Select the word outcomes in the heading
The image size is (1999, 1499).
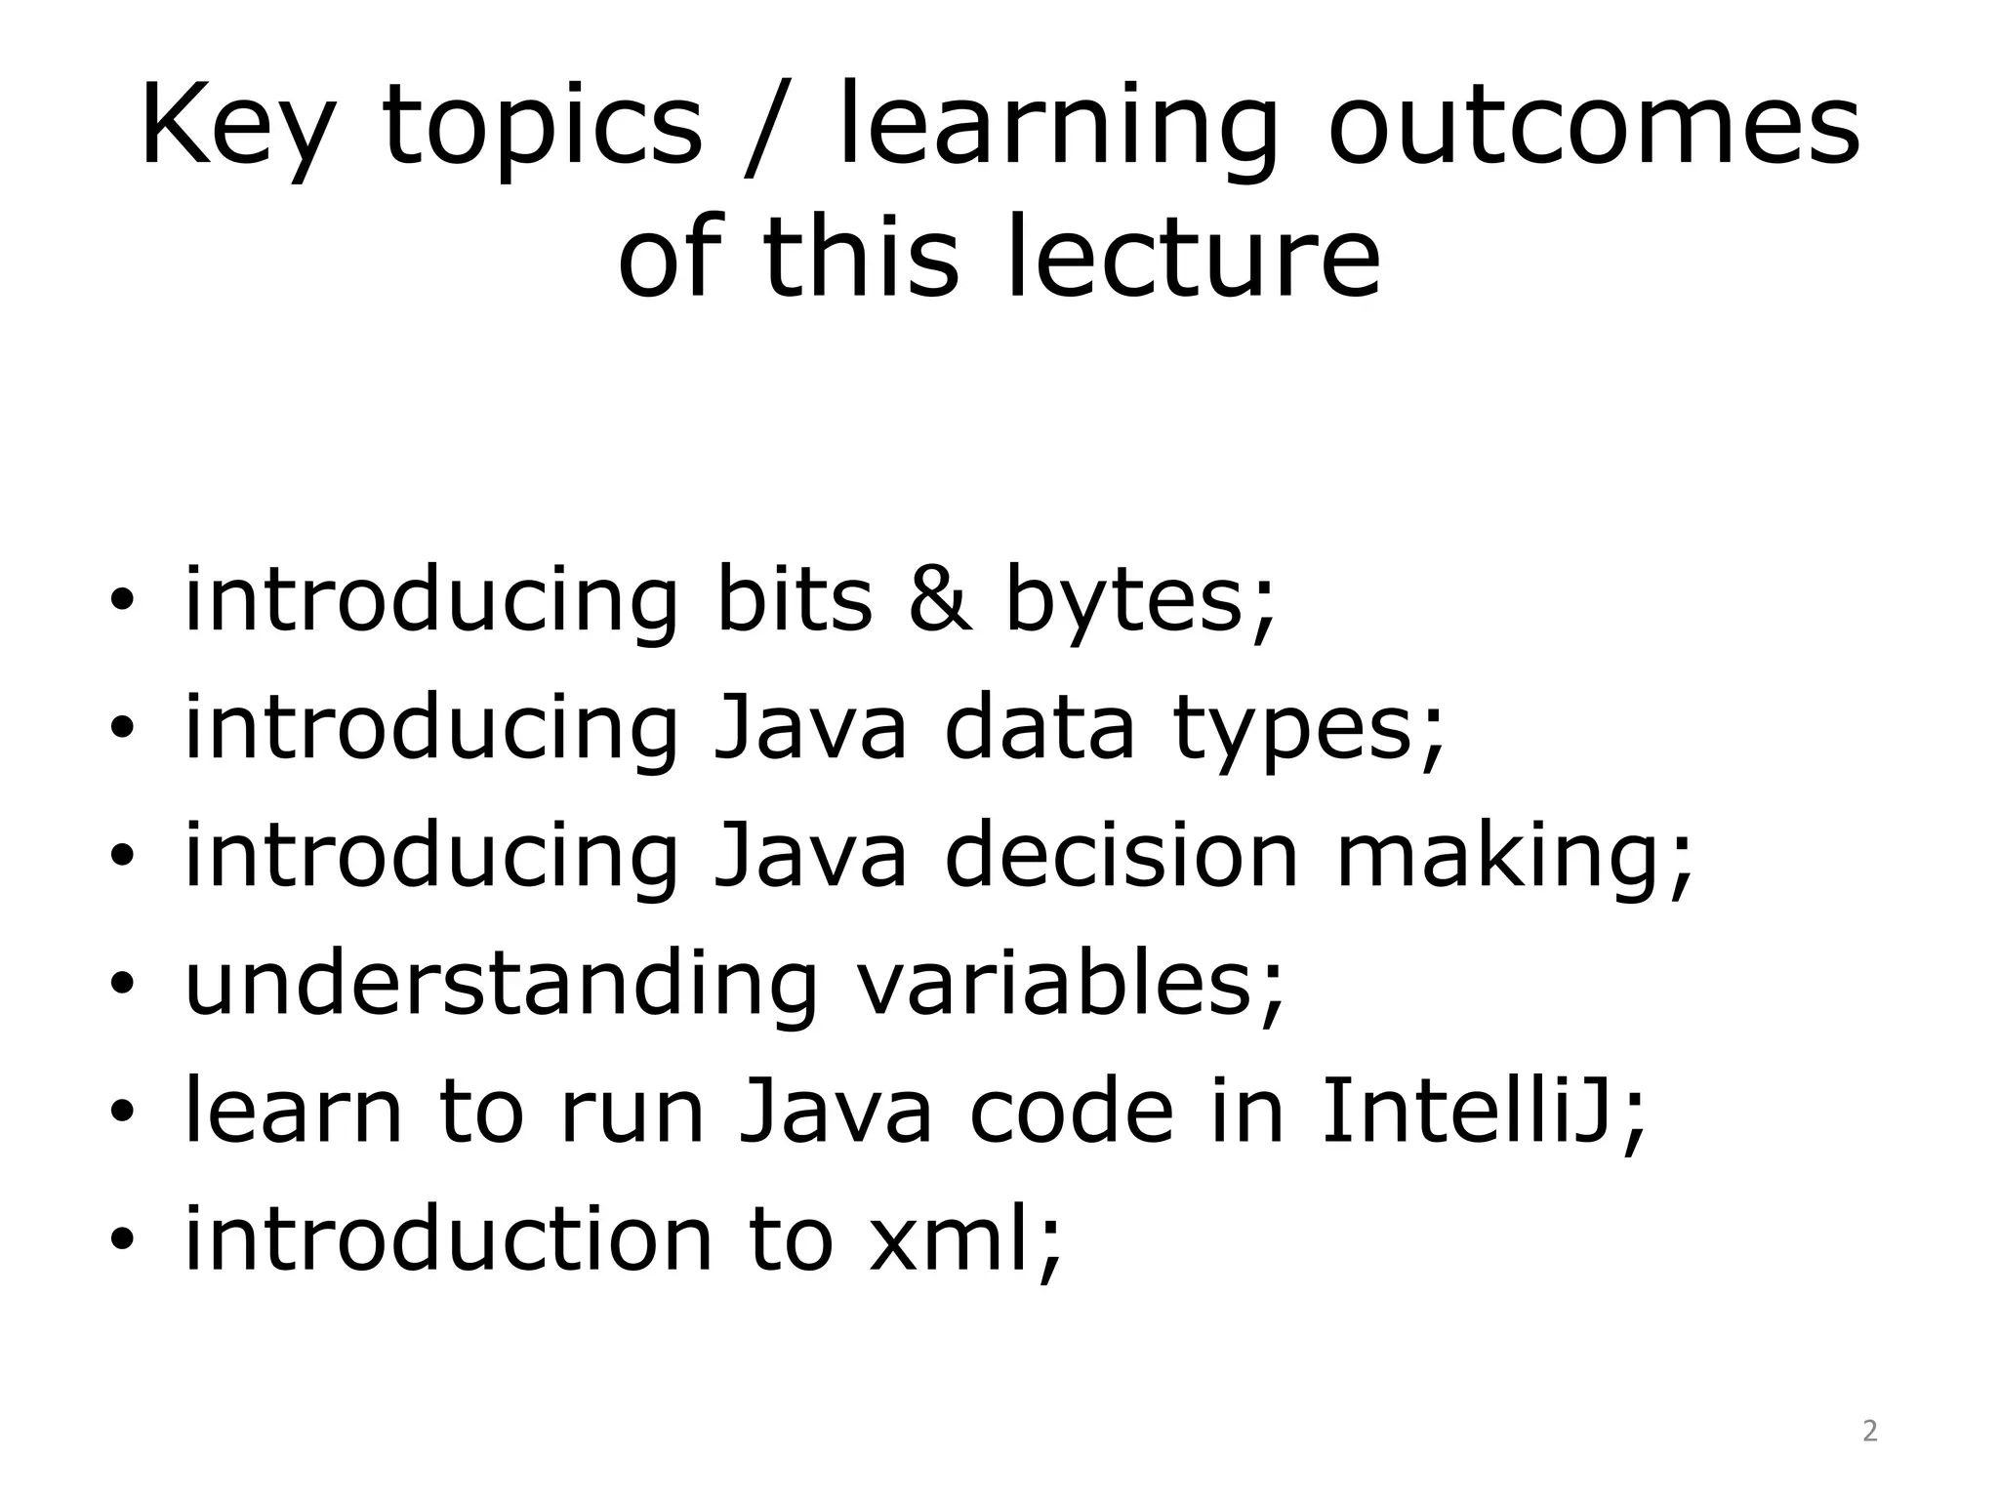pyautogui.click(x=1593, y=127)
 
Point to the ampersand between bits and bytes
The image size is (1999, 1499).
pyautogui.click(x=939, y=598)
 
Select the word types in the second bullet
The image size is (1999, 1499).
pyautogui.click(x=1308, y=728)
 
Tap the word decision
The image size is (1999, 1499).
pyautogui.click(x=1121, y=855)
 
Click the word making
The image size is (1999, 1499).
pyautogui.click(x=1513, y=857)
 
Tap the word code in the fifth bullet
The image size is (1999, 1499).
pyautogui.click(x=1071, y=1112)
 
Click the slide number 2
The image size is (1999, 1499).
pyautogui.click(x=1869, y=1431)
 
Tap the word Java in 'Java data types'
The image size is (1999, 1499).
pyautogui.click(x=810, y=728)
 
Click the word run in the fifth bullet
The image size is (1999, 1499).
pyautogui.click(x=632, y=1114)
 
